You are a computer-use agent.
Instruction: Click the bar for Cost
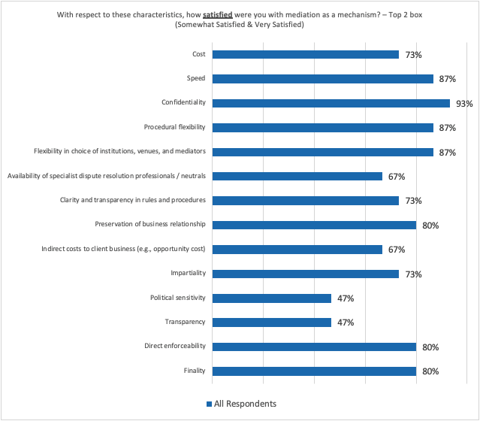[x=306, y=54]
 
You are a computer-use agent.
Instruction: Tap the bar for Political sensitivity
[x=272, y=298]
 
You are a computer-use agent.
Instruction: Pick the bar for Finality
[x=314, y=371]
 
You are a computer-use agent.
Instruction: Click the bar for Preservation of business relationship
[x=314, y=225]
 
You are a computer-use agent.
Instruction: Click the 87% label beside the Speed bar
[x=447, y=79]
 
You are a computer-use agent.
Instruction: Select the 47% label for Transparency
[x=346, y=323]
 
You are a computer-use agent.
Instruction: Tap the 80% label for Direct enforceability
[x=430, y=347]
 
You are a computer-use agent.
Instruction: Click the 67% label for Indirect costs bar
[x=397, y=250]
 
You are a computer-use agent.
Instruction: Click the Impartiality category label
[x=188, y=274]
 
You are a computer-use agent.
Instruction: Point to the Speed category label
[x=196, y=78]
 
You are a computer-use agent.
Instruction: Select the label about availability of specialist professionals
[x=106, y=176]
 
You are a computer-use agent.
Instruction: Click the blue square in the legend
[x=210, y=404]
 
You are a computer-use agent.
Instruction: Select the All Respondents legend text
[x=245, y=404]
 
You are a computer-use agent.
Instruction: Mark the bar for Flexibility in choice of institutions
[x=323, y=152]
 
